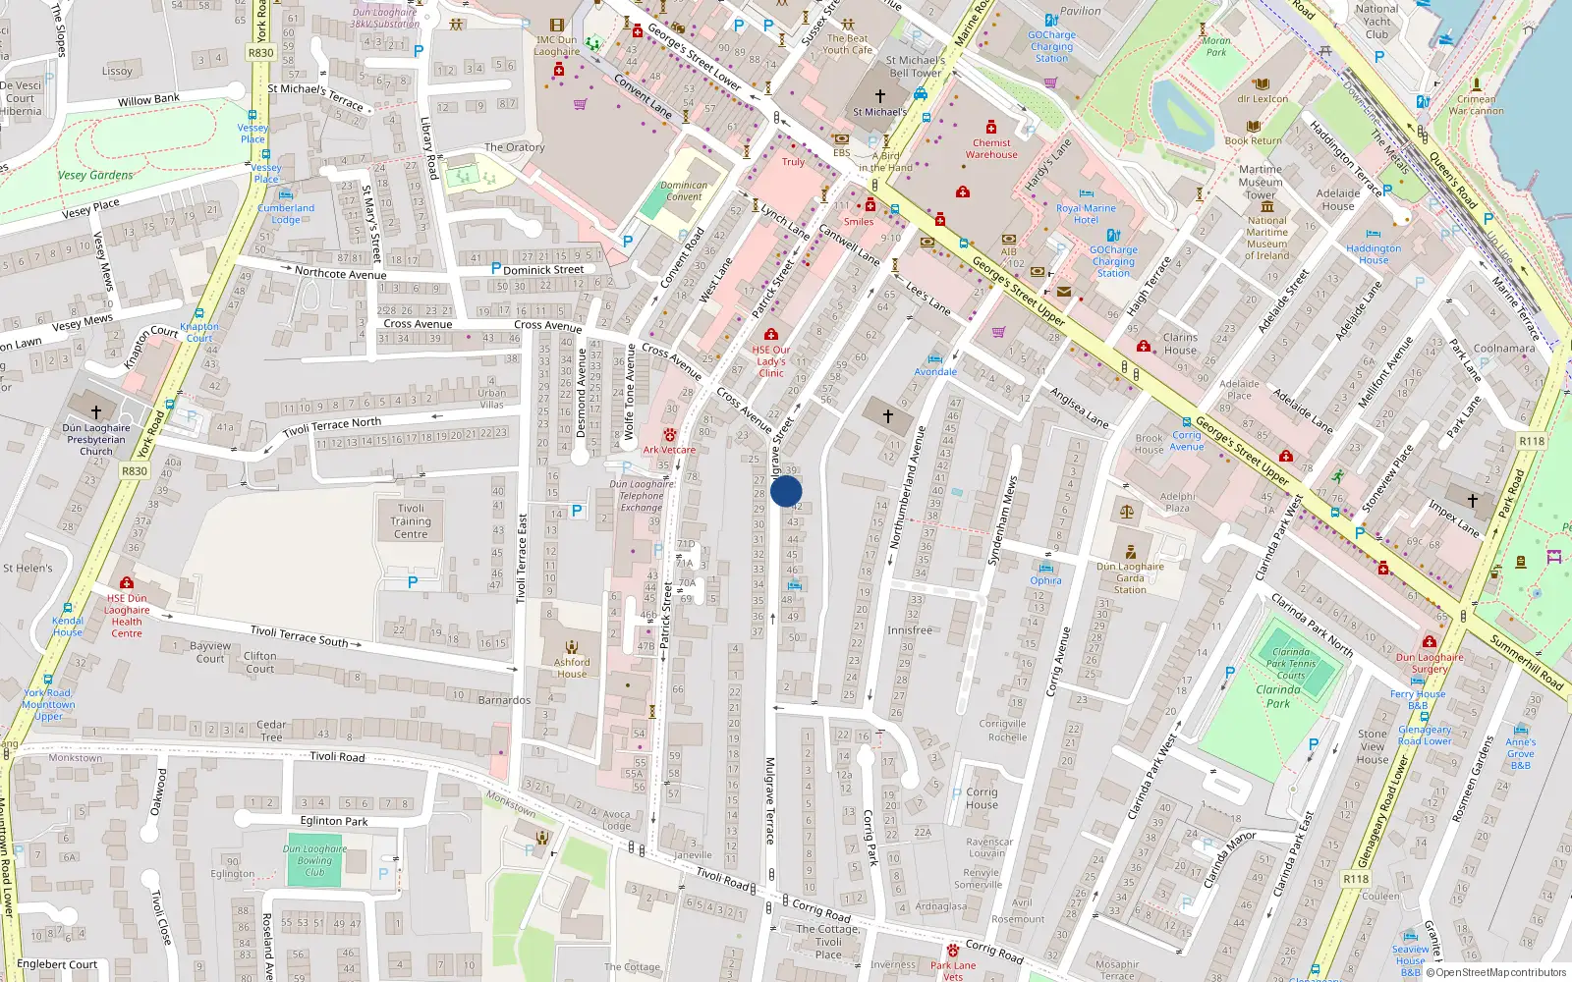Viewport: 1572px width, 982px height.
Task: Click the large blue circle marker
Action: click(786, 491)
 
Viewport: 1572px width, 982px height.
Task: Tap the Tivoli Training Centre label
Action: click(411, 521)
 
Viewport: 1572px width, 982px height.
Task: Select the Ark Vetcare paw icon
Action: click(670, 434)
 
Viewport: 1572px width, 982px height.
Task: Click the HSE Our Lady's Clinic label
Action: click(771, 361)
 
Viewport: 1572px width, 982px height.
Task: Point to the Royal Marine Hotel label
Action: click(1086, 214)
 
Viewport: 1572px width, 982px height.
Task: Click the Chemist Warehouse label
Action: click(991, 148)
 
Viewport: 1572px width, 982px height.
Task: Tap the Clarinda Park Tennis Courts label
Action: click(1290, 663)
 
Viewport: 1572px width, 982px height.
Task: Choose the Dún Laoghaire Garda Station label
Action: click(1130, 577)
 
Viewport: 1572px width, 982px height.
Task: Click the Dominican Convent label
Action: click(684, 191)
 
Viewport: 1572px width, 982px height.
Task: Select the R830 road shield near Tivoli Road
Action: click(135, 471)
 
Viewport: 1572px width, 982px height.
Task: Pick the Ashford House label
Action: click(572, 668)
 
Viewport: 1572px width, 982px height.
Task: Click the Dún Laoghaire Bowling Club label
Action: click(314, 860)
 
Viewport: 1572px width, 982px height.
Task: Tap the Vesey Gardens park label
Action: click(95, 175)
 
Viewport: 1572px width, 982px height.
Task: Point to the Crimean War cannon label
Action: click(1476, 105)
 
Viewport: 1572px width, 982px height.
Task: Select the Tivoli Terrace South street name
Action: click(300, 636)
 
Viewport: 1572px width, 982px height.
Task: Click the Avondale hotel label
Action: click(935, 371)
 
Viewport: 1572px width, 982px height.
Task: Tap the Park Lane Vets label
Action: click(953, 970)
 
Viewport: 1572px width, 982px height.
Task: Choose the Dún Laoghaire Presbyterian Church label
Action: click(96, 439)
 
